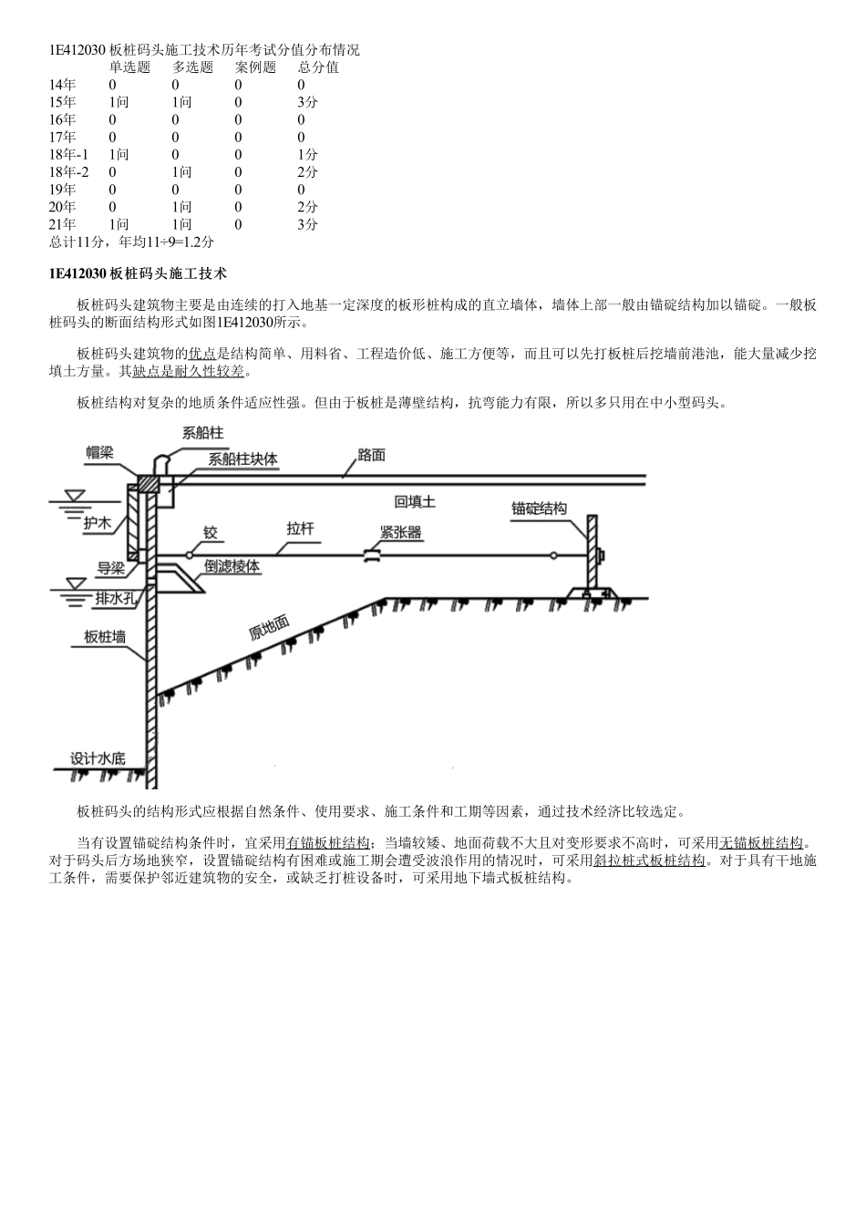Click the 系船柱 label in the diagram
point(203,432)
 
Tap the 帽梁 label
point(100,452)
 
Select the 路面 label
point(371,454)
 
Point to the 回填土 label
point(415,501)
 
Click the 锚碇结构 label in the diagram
point(539,508)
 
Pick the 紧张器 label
point(401,532)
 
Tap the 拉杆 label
point(300,528)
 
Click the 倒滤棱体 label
point(232,566)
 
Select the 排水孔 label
point(116,598)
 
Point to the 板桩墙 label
point(105,637)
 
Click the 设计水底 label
point(98,757)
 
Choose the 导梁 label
point(110,569)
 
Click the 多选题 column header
point(192,67)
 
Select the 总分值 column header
point(318,67)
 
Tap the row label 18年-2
point(69,171)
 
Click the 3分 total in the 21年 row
point(307,224)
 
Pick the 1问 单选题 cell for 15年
point(119,102)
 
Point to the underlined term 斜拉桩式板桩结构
point(649,860)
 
